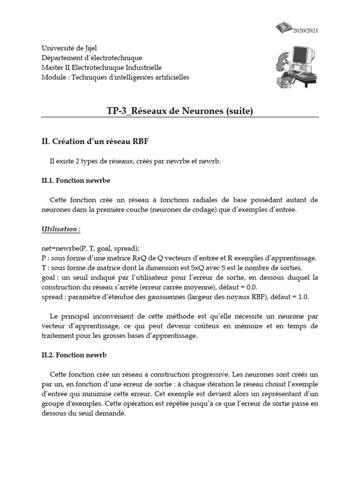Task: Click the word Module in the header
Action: coord(52,77)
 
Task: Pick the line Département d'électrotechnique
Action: coord(91,58)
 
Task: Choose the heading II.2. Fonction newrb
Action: coord(74,355)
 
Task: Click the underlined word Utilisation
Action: coord(60,229)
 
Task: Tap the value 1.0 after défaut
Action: coord(303,297)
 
